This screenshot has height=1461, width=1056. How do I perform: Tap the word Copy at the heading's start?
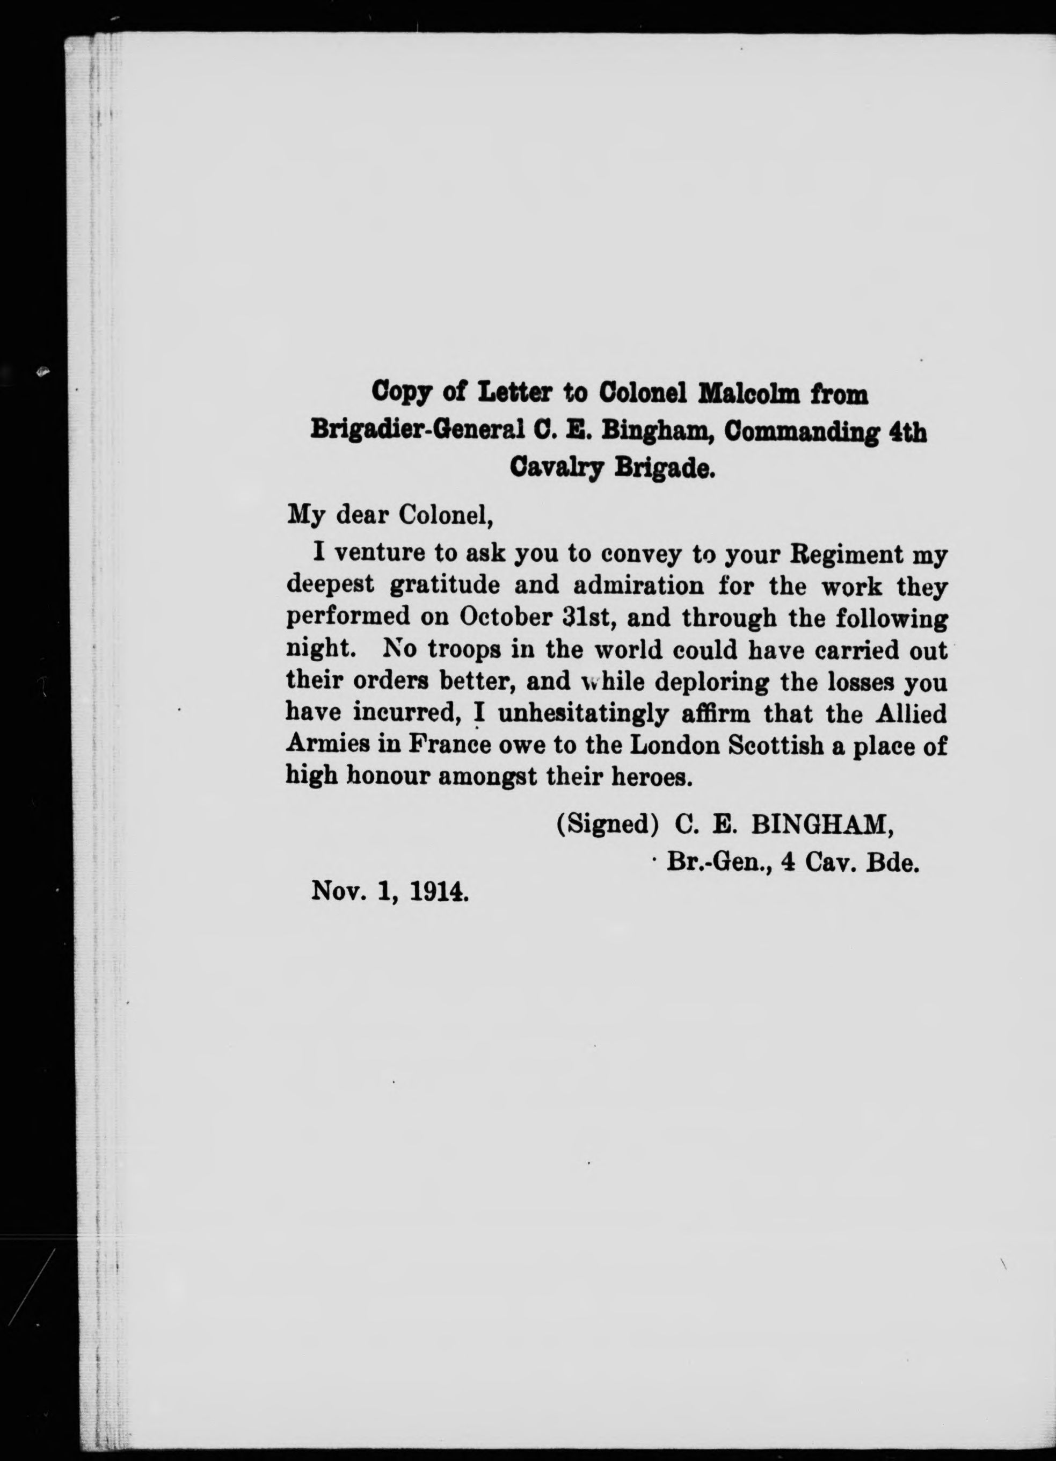[401, 392]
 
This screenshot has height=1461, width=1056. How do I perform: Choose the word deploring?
[710, 682]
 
